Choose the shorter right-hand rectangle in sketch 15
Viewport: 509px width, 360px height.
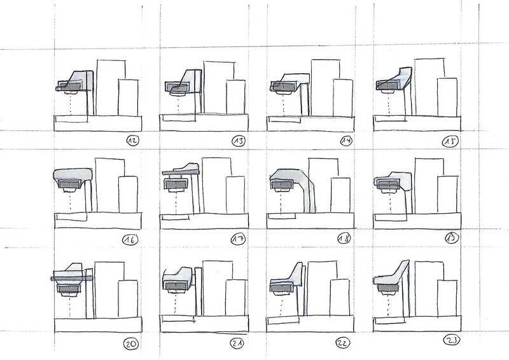[x=447, y=97]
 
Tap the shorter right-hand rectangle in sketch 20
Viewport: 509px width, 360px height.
[x=128, y=298]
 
